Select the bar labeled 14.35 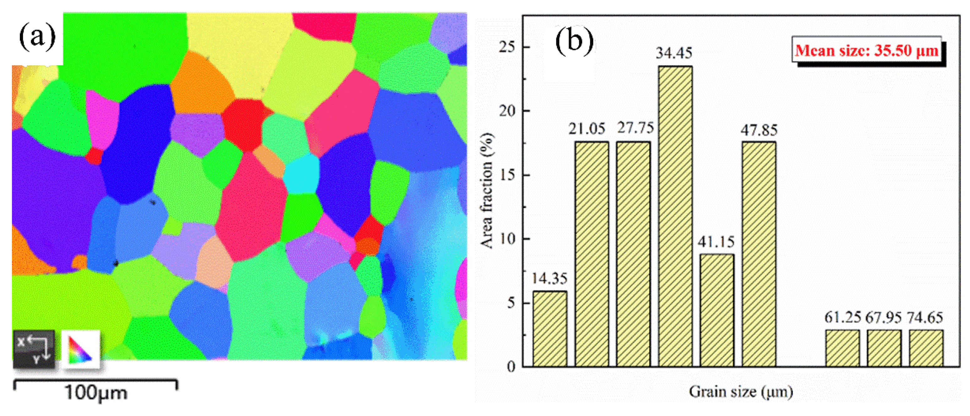click(550, 329)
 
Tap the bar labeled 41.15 click(717, 310)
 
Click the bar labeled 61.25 click(842, 348)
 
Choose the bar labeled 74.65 click(926, 348)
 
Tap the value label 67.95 click(883, 318)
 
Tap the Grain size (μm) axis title click(741, 392)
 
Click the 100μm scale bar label click(96, 393)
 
